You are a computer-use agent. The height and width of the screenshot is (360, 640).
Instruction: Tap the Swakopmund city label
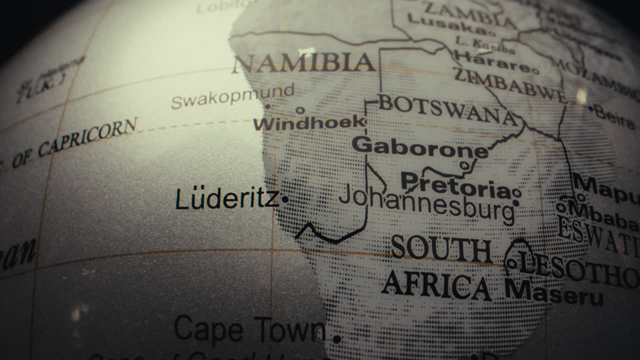click(232, 96)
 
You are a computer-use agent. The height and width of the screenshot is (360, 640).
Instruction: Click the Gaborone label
click(420, 146)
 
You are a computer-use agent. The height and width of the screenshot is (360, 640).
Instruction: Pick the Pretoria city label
click(455, 185)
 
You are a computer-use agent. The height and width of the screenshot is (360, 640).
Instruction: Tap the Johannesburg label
click(426, 202)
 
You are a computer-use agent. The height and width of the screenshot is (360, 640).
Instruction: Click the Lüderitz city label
click(227, 199)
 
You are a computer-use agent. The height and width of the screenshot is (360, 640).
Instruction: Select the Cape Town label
click(249, 330)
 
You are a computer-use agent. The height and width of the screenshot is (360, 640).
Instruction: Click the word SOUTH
click(441, 248)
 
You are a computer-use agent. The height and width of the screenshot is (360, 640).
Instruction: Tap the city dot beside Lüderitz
click(285, 199)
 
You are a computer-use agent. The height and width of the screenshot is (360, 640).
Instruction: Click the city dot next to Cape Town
click(336, 339)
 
